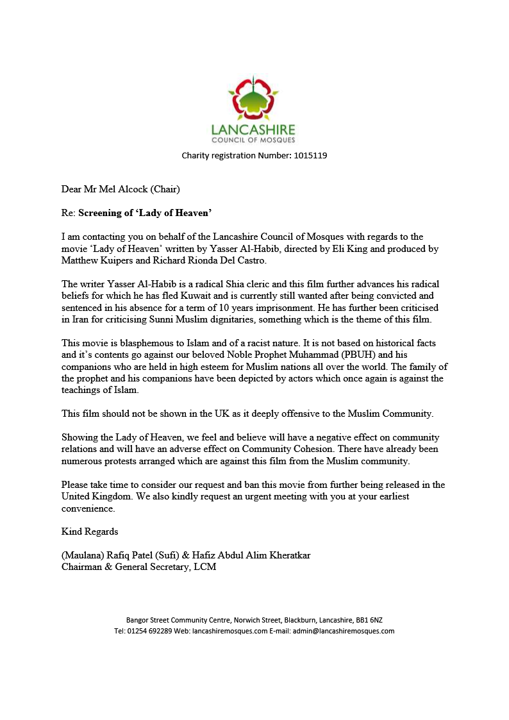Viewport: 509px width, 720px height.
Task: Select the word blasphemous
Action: point(133,343)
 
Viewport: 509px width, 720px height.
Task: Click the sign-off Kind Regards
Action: point(90,532)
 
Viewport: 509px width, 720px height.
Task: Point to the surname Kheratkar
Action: point(286,555)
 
